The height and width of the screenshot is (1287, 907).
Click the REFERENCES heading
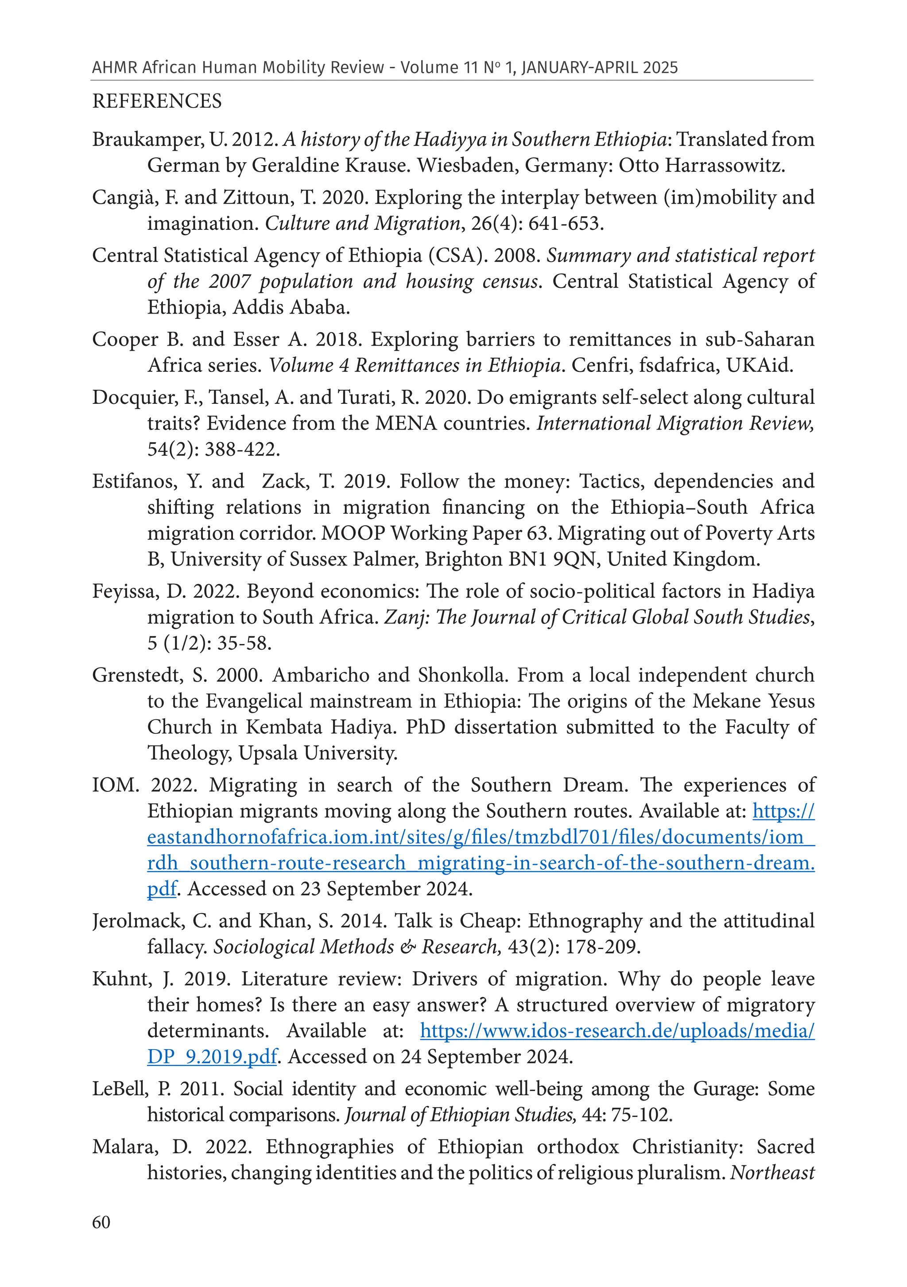tap(157, 101)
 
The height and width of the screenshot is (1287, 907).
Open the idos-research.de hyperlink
tap(616, 1031)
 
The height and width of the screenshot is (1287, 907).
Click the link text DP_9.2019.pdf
tap(212, 1057)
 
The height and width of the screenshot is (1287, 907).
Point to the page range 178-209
tap(602, 947)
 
